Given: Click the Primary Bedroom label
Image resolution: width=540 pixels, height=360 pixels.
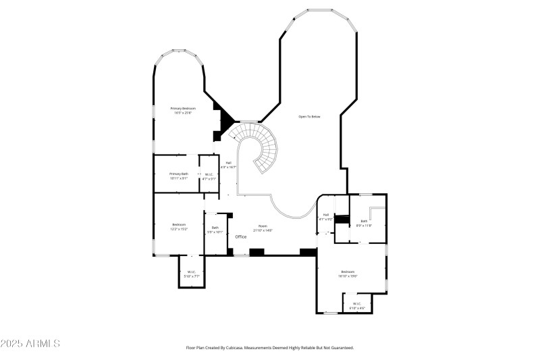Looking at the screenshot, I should point(182,108).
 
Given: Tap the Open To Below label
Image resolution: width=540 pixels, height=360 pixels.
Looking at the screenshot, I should point(309,117).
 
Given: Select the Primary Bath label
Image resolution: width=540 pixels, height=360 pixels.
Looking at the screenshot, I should point(179,174).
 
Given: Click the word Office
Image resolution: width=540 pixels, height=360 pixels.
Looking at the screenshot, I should point(241,237).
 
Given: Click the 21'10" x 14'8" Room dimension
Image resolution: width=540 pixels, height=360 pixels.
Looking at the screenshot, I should point(263,230).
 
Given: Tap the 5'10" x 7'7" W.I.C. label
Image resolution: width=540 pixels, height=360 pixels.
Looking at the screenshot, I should point(192,276).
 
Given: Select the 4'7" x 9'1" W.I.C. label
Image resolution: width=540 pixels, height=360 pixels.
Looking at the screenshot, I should point(209,178).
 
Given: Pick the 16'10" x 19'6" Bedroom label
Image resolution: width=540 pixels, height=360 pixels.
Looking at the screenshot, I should point(348,276).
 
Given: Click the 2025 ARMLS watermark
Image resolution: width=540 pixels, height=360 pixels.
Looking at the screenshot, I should point(31,344).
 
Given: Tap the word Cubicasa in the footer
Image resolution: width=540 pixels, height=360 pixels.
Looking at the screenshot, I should point(232,348).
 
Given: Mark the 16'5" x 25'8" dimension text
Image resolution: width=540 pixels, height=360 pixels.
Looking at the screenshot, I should point(182,113).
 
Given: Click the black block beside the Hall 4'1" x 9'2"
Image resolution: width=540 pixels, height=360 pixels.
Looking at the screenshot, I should point(342,220).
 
